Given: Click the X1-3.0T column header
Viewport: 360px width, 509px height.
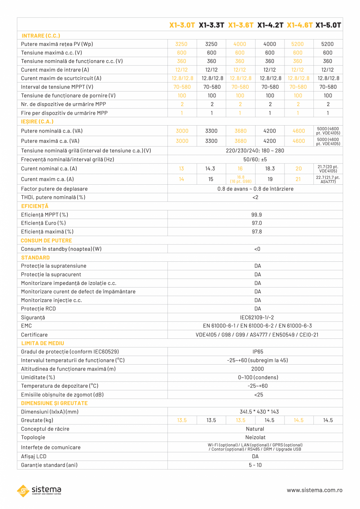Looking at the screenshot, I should pos(182,25).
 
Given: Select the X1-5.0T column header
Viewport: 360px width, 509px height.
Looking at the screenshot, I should pos(328,25).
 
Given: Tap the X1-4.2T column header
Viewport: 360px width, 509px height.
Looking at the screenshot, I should pos(270,25).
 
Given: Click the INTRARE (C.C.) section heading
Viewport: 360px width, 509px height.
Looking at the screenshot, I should pos(41,36).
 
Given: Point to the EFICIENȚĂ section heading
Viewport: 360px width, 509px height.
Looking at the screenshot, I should pos(35,206).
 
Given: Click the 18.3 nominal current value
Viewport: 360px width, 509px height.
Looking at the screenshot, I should pos(270,169).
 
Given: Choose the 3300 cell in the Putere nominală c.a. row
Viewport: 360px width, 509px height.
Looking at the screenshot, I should pos(212,131).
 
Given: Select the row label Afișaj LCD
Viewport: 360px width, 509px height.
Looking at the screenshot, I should pos(34,456).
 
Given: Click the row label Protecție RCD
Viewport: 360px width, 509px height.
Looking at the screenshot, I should pos(38,309).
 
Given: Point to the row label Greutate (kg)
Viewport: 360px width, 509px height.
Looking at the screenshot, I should pos(37,420).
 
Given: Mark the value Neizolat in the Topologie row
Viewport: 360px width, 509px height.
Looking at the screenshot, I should pos(255,437).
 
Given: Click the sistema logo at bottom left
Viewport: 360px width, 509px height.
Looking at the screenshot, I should pos(39,491).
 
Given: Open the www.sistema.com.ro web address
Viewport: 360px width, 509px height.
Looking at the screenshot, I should pos(315,490).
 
